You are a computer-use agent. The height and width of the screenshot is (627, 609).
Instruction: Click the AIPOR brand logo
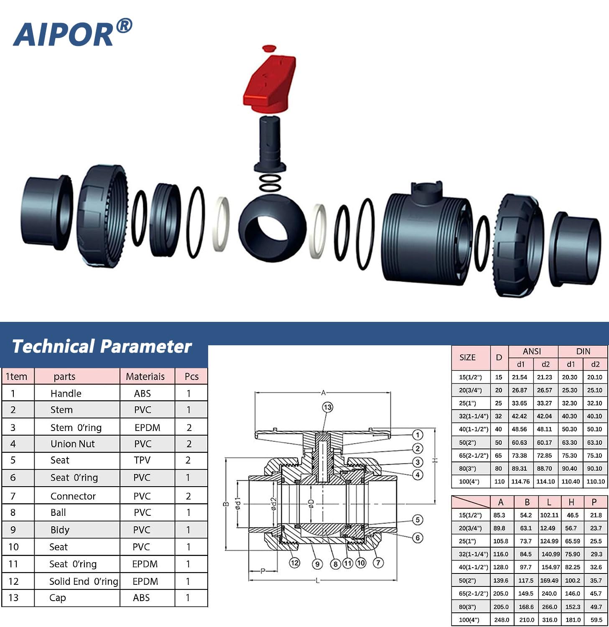(x=72, y=33)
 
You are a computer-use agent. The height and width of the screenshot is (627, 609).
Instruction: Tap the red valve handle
(x=270, y=84)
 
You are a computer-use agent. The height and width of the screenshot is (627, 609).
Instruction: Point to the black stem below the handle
(x=270, y=144)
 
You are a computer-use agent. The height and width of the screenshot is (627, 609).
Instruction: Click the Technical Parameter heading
(x=102, y=347)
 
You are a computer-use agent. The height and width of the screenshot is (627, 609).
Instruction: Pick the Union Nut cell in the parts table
(x=73, y=444)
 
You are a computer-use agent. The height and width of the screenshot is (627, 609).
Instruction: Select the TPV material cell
(x=142, y=460)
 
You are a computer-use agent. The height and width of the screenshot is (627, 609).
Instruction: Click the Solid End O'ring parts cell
(x=84, y=581)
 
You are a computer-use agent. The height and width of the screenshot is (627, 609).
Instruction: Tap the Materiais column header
(x=145, y=377)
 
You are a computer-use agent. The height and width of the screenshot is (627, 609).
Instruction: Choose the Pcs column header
(x=191, y=377)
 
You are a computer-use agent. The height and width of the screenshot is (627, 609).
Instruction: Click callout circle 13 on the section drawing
(x=327, y=407)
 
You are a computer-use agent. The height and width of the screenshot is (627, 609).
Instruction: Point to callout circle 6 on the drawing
(x=418, y=538)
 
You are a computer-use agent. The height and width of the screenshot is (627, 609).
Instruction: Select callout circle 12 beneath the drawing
(x=295, y=563)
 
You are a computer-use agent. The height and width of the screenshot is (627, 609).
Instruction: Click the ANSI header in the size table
(x=532, y=352)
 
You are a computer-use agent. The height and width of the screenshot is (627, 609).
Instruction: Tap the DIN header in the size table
(x=583, y=352)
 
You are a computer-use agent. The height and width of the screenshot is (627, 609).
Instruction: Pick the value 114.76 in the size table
(x=520, y=482)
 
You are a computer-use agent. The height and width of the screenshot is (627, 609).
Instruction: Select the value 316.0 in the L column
(x=549, y=620)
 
